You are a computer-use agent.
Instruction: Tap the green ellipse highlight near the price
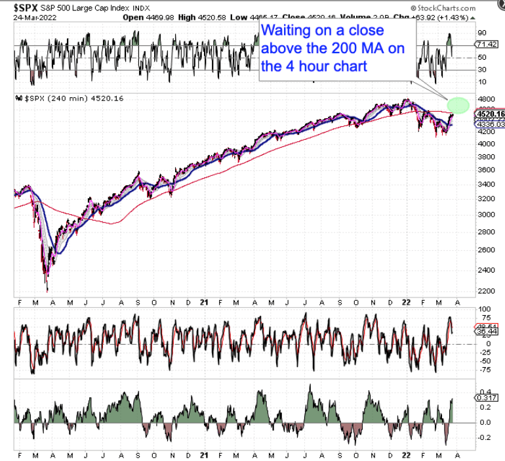(x=458, y=104)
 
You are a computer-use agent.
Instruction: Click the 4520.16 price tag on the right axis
(x=489, y=114)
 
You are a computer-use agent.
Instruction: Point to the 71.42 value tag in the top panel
(x=487, y=44)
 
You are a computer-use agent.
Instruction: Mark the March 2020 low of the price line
(x=47, y=290)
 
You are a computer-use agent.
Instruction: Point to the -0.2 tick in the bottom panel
(x=485, y=437)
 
